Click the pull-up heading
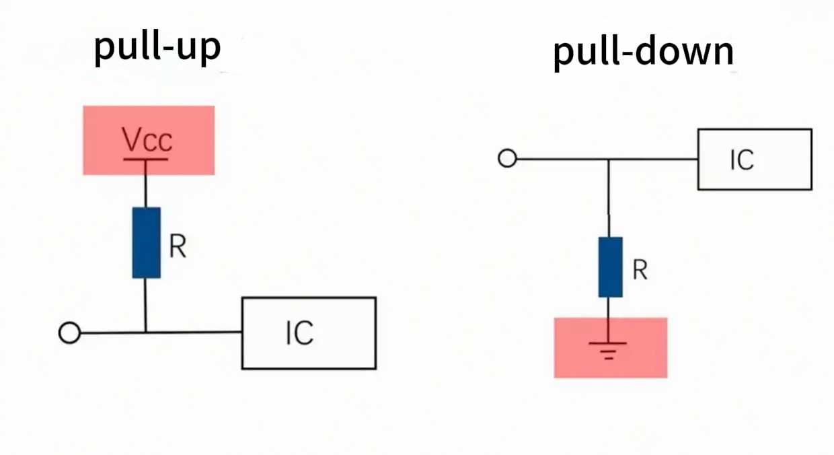(x=157, y=47)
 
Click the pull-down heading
(x=643, y=52)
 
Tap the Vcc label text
(x=147, y=139)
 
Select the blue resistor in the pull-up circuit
(x=146, y=242)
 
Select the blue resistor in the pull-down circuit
(x=610, y=267)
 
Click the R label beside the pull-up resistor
(x=178, y=247)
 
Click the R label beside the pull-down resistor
(x=640, y=270)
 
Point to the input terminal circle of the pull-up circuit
(x=69, y=332)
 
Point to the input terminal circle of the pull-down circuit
(x=507, y=159)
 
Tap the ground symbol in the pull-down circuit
(x=608, y=349)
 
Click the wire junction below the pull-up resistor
(x=145, y=332)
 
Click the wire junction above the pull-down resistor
(x=609, y=160)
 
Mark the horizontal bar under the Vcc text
(x=145, y=160)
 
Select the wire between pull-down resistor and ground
(x=609, y=319)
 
